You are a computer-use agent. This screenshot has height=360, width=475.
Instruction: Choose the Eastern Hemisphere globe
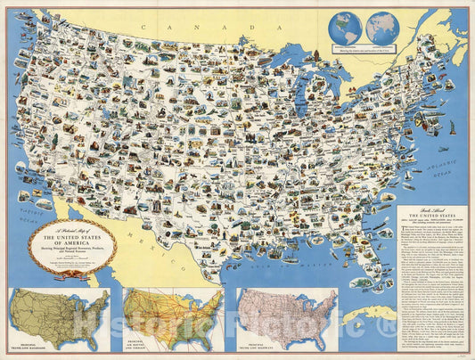[x=381, y=28]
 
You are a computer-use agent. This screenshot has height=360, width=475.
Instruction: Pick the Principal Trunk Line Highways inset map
[x=288, y=317]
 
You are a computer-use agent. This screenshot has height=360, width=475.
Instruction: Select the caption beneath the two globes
[x=364, y=53]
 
